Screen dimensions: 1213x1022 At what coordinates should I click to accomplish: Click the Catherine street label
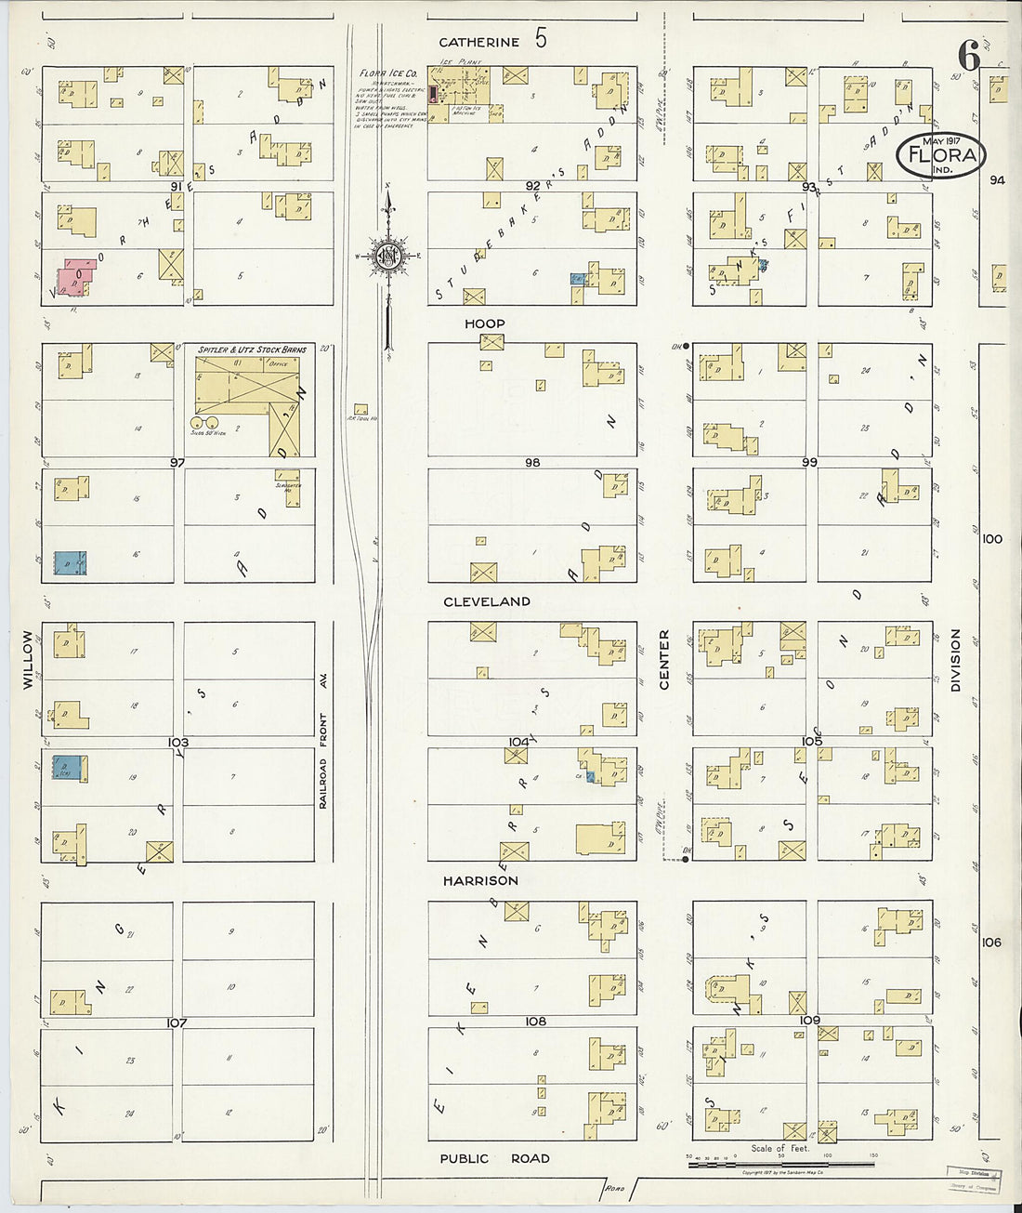point(478,42)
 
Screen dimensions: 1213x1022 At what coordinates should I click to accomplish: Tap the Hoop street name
point(485,323)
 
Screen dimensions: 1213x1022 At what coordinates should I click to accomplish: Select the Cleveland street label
point(487,601)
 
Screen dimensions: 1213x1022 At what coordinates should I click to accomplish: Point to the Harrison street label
point(480,880)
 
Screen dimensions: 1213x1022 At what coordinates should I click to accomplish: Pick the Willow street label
point(28,659)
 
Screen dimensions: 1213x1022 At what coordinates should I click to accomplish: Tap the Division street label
point(954,660)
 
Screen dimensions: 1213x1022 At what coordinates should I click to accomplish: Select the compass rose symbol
point(387,257)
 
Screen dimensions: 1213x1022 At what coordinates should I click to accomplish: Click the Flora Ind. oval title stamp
point(941,155)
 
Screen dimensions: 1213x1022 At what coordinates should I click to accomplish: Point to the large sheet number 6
point(968,58)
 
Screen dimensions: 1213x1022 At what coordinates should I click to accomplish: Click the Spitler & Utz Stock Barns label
point(252,349)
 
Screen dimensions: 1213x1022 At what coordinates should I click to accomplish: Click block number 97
point(177,462)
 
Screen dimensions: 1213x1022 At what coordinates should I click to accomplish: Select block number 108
point(535,1021)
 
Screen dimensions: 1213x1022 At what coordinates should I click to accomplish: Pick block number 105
point(811,741)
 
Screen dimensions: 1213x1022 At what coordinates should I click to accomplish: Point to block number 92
point(532,186)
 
